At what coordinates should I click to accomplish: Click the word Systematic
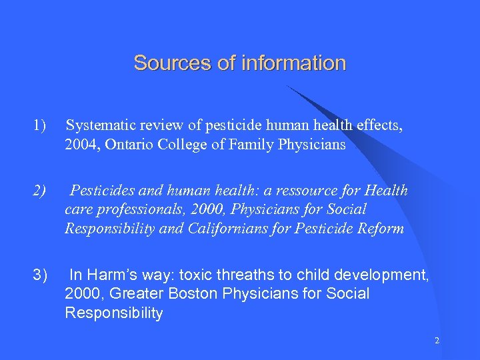click(103, 125)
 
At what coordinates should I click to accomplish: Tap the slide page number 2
click(437, 341)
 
